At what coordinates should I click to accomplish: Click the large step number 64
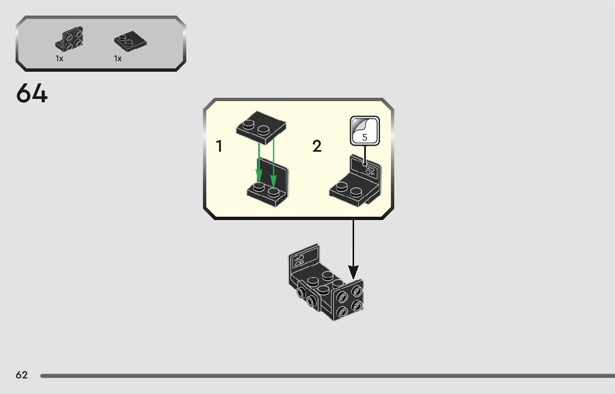[x=32, y=93]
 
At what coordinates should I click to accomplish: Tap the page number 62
[x=22, y=375]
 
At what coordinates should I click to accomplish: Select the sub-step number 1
[x=219, y=147]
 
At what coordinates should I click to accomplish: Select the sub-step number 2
[x=317, y=147]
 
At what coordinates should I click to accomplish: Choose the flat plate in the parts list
[x=127, y=41]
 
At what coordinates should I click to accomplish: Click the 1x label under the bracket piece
[x=59, y=58]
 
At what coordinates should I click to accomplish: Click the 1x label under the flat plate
[x=118, y=58]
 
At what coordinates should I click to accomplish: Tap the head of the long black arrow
[x=353, y=272]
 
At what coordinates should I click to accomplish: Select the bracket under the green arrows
[x=270, y=186]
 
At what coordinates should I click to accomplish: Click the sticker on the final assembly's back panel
[x=300, y=260]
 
